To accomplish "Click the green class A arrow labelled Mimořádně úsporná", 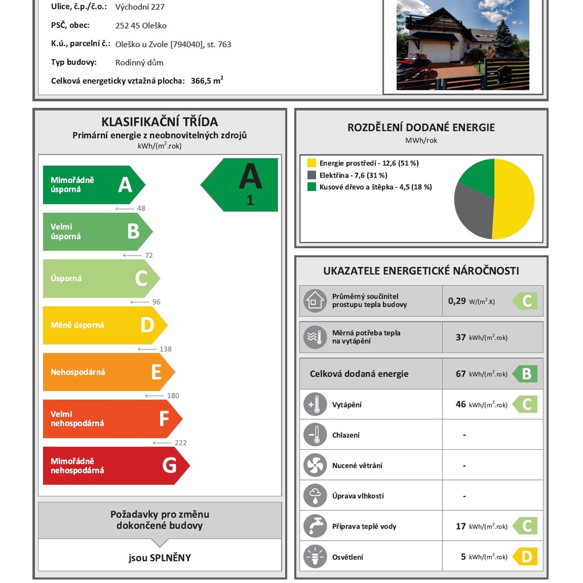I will (91, 185).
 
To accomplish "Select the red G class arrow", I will (114, 466).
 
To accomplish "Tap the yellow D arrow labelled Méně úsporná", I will (102, 325).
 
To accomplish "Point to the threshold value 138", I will (165, 349).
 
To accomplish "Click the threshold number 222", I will (180, 442).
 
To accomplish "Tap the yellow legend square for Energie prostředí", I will (311, 163).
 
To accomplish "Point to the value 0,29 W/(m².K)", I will (471, 301).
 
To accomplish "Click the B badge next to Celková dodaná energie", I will (525, 374).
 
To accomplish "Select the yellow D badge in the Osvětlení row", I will (525, 557).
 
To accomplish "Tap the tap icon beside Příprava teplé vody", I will (315, 526).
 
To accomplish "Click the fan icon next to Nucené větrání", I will (315, 465).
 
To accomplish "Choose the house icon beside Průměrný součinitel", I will (315, 301).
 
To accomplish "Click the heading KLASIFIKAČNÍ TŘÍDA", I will (159, 121).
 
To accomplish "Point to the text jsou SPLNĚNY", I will (159, 557).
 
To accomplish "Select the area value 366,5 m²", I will (207, 81).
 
